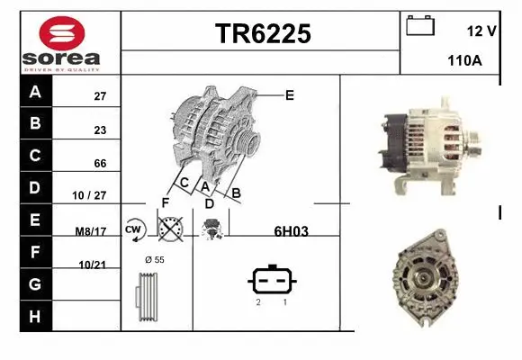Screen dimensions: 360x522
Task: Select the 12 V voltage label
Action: coord(481,31)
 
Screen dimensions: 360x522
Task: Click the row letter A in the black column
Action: coord(35,92)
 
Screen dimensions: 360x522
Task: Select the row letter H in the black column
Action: coord(35,316)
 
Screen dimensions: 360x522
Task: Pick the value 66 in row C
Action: coord(100,163)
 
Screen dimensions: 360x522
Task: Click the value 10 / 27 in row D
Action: coord(92,194)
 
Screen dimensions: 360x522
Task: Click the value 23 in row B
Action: coord(100,130)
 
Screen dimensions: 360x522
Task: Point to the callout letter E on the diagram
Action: coord(290,94)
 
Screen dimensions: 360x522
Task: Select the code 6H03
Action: coord(291,231)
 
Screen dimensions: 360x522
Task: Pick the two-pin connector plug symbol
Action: coord(271,281)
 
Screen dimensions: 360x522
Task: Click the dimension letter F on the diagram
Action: coord(165,202)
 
